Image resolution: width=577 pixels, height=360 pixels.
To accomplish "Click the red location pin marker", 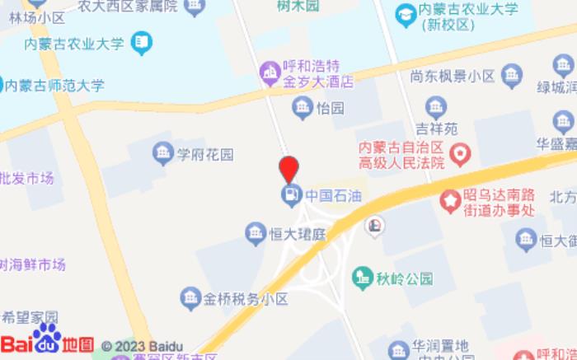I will [x=288, y=168].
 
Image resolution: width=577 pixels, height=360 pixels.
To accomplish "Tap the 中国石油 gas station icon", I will [x=290, y=195].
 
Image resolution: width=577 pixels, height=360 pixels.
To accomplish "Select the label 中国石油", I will [x=334, y=196].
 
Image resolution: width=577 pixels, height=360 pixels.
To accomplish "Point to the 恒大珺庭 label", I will [x=298, y=234].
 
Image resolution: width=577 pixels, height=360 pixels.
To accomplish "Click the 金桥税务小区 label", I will [x=246, y=298].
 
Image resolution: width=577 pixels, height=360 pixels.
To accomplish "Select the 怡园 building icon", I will [x=302, y=107].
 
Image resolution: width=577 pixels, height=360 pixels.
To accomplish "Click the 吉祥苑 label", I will [x=435, y=129].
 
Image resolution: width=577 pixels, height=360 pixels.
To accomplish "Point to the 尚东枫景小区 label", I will [x=453, y=77].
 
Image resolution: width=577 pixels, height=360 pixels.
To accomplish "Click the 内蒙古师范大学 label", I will [x=55, y=84].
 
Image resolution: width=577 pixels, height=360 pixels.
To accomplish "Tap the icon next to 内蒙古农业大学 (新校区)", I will [x=405, y=14].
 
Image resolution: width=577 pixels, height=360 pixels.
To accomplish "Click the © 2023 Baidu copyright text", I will [x=142, y=346].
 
